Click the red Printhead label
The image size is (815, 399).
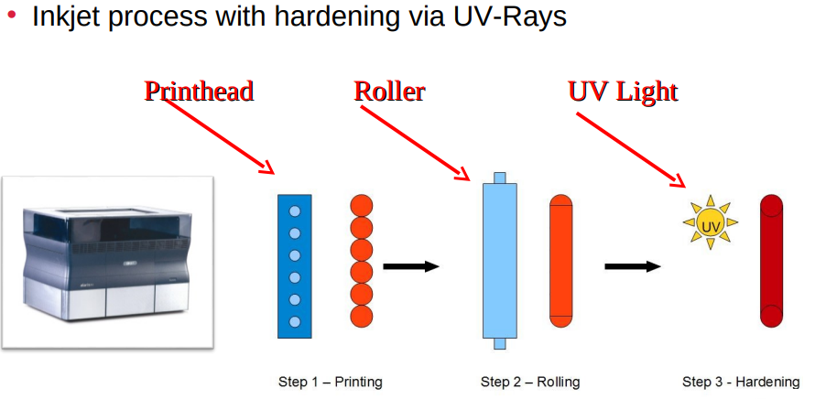199,92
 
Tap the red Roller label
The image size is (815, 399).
389,92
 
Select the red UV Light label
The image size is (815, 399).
623,92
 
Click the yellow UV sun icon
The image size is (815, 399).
710,221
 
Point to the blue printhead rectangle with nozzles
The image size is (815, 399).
295,265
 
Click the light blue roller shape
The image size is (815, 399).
499,261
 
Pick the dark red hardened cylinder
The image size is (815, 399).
771,261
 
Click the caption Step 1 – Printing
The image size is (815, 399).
330,382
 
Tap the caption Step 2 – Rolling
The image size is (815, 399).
530,382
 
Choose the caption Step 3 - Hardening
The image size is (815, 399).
741,382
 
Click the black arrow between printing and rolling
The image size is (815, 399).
410,266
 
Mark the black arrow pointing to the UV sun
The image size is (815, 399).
632,266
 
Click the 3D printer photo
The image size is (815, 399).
108,261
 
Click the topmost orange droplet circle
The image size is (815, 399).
362,205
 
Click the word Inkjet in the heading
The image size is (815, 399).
66,16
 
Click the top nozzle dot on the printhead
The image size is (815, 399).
295,211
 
